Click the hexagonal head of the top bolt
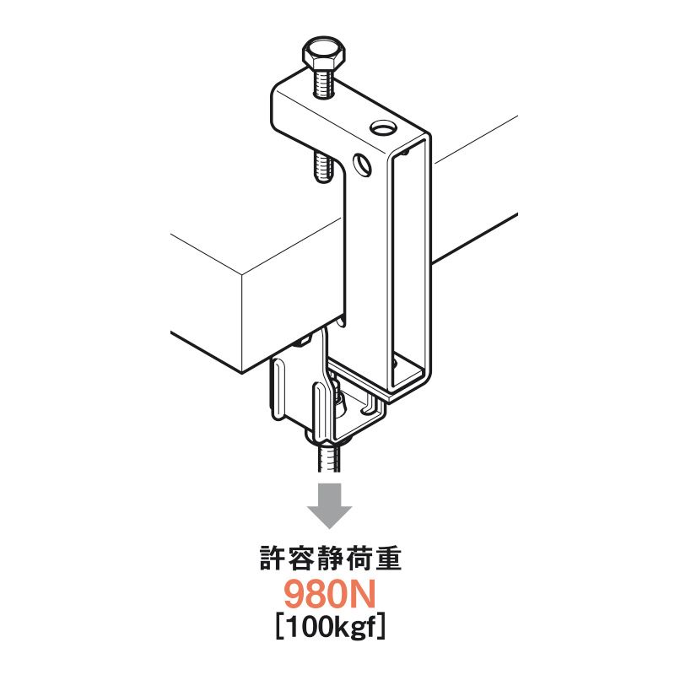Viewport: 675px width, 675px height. click(324, 54)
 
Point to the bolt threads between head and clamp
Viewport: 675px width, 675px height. click(324, 84)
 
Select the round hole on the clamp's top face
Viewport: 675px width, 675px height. click(383, 127)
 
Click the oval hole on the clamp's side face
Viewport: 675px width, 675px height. click(362, 164)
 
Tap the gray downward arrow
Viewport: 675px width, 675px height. click(330, 505)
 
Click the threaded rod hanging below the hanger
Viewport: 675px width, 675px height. click(329, 458)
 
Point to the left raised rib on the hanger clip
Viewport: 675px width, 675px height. click(278, 387)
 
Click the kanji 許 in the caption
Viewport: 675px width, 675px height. click(273, 559)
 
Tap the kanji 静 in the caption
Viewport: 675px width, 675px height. click(331, 559)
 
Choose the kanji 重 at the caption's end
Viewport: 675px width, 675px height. click(387, 559)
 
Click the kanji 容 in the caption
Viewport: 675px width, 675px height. click(302, 559)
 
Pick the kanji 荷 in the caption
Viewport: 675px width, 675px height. click(359, 559)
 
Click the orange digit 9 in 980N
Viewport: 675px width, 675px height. click(295, 595)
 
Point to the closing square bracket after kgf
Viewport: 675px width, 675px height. click(381, 628)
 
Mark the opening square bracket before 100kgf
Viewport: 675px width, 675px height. click(280, 628)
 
